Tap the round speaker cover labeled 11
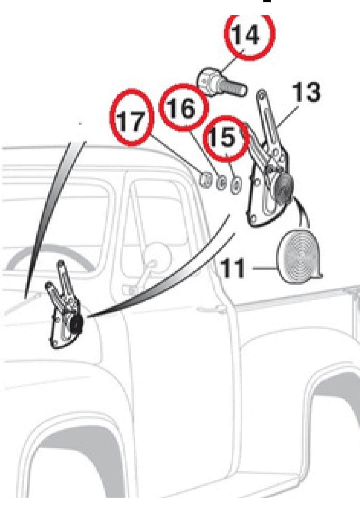coord(299,257)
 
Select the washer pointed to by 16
coord(221,183)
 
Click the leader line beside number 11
coord(264,267)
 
